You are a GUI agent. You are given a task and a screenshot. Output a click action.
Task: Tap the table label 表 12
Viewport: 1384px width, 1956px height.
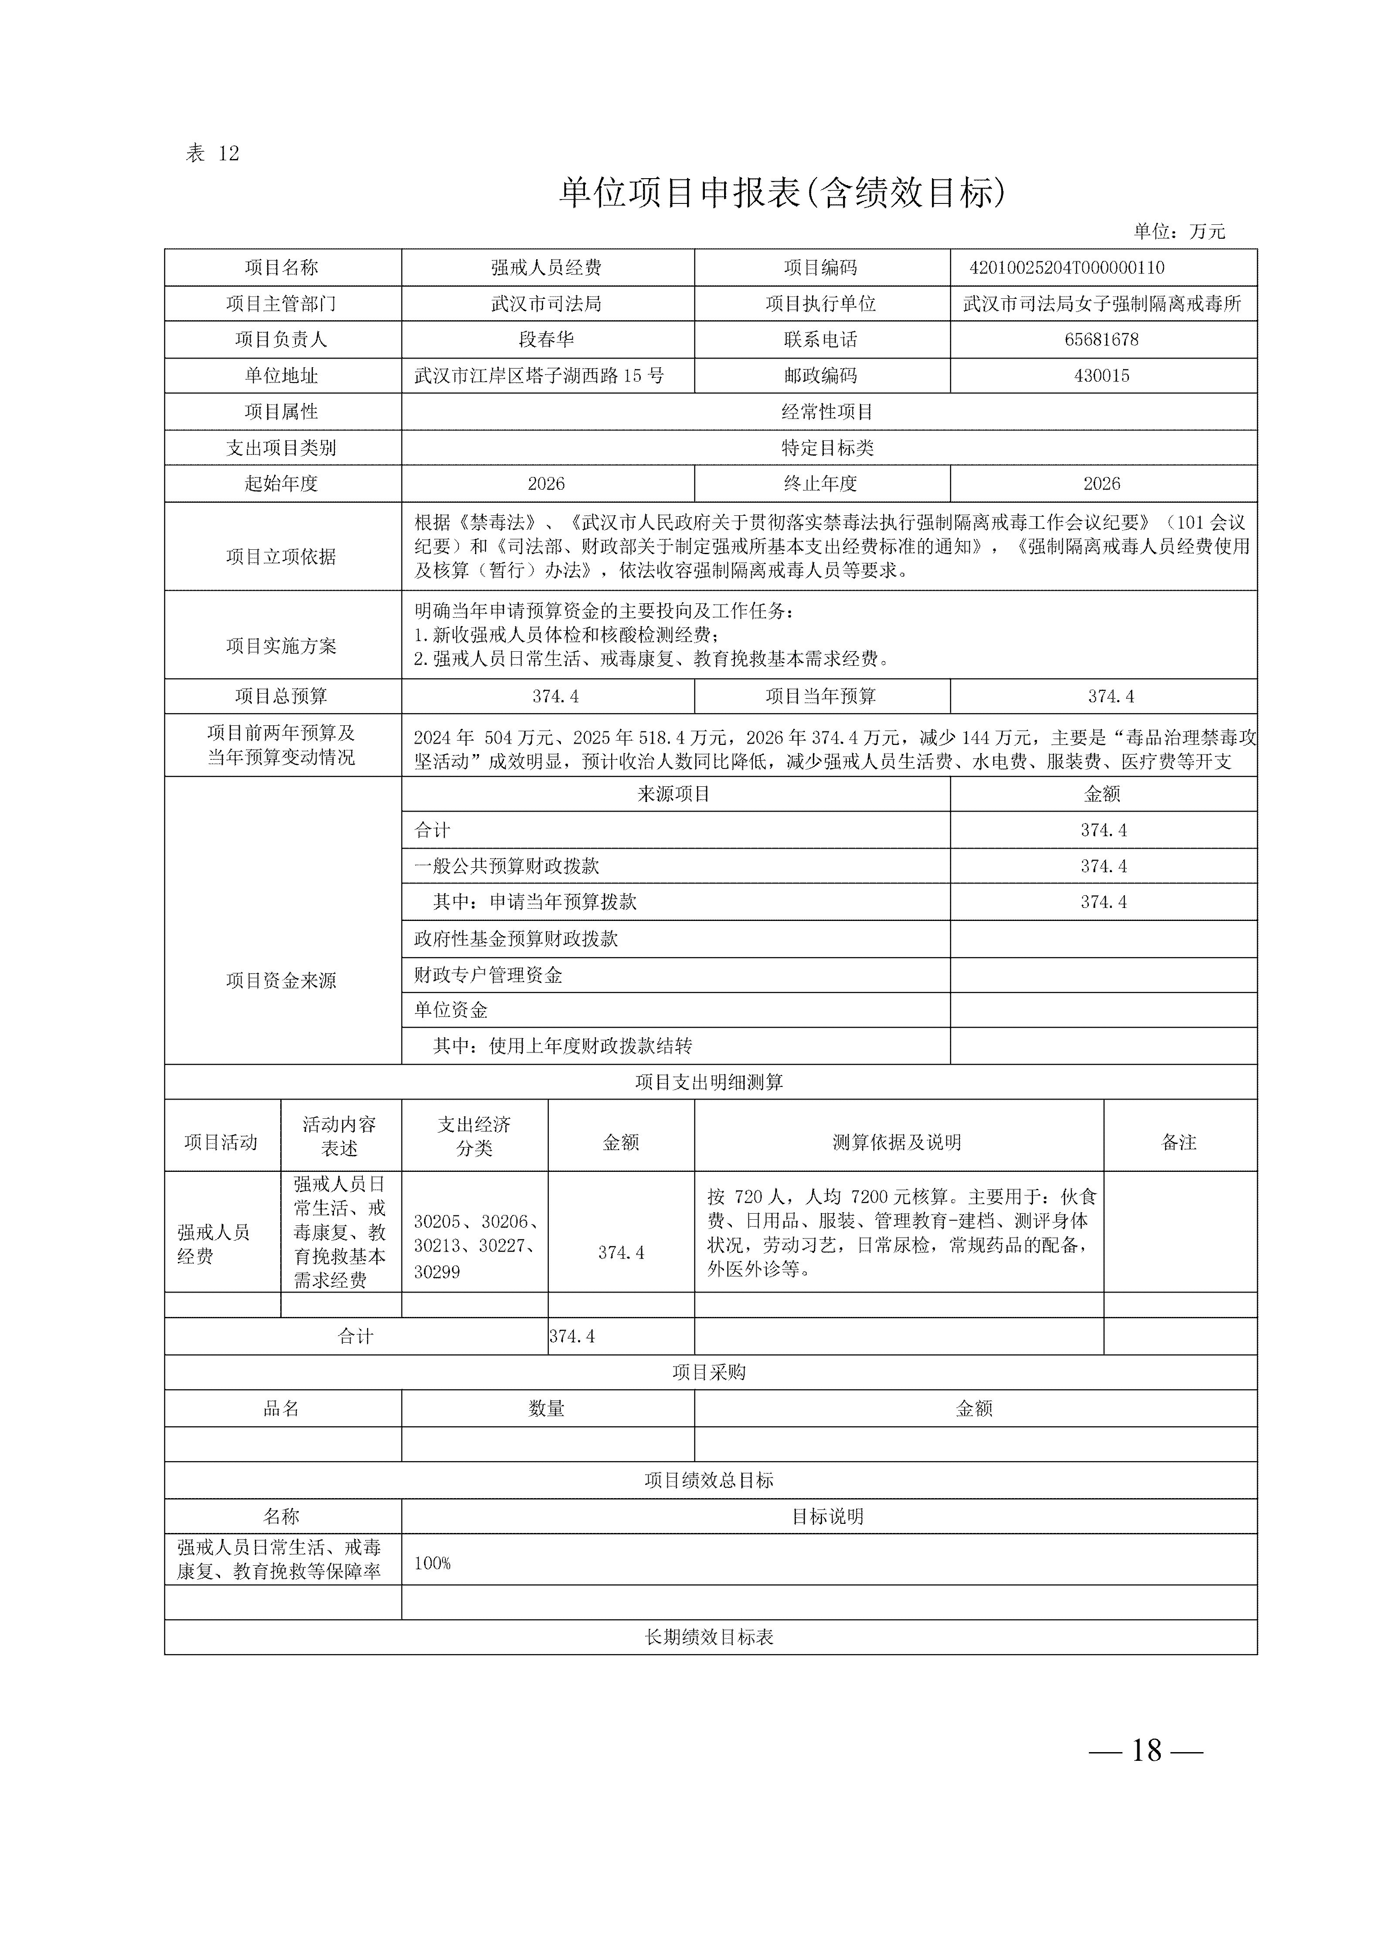click(x=212, y=153)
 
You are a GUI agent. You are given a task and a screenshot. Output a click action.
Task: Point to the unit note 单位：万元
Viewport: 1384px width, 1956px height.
click(x=1179, y=231)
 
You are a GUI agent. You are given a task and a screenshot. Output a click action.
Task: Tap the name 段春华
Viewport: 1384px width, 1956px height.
click(x=546, y=339)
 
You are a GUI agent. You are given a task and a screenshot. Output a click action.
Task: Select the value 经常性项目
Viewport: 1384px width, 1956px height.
click(x=827, y=412)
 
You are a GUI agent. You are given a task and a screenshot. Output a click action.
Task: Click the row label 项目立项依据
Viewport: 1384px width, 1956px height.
click(x=281, y=556)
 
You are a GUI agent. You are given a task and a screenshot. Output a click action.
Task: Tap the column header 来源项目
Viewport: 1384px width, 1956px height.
click(x=673, y=794)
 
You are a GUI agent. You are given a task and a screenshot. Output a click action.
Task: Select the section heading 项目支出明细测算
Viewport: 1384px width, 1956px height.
click(x=709, y=1082)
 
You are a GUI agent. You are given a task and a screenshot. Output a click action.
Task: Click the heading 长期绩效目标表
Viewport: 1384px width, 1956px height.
click(x=709, y=1637)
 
